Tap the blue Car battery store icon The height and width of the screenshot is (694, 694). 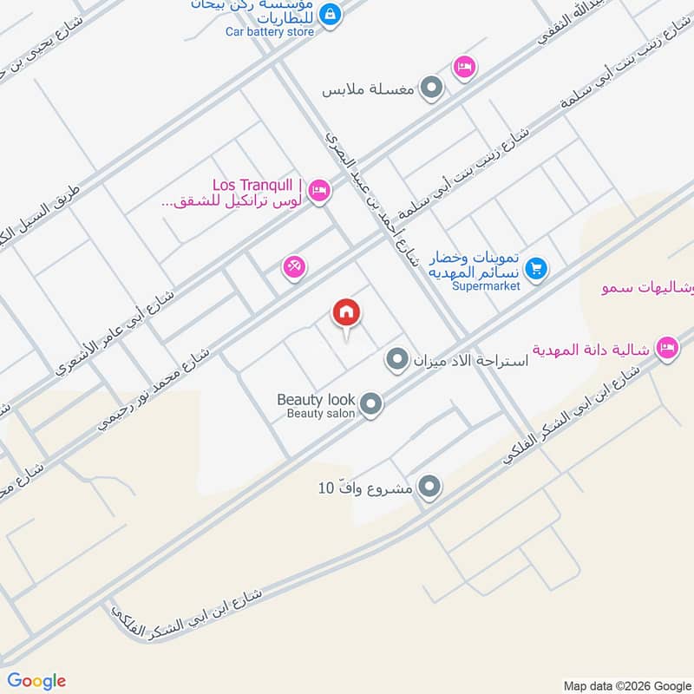[330, 14]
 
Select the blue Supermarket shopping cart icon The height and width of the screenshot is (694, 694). [536, 269]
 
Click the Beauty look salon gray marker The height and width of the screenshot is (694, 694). [370, 404]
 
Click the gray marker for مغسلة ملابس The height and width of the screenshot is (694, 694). [431, 88]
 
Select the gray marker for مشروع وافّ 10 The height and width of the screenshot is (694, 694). [429, 488]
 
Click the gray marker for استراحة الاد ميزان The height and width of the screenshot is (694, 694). [397, 358]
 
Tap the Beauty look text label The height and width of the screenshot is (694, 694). [316, 399]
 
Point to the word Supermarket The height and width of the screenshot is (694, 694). [485, 285]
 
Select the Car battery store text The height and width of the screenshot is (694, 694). [270, 32]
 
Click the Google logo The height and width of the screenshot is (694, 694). [36, 681]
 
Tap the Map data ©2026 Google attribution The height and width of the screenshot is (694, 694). [625, 684]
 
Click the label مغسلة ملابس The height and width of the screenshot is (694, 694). [369, 88]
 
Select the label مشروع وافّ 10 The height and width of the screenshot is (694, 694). [364, 488]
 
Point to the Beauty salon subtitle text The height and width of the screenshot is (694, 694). [322, 414]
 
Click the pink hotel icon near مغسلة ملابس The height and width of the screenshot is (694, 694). [465, 67]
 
